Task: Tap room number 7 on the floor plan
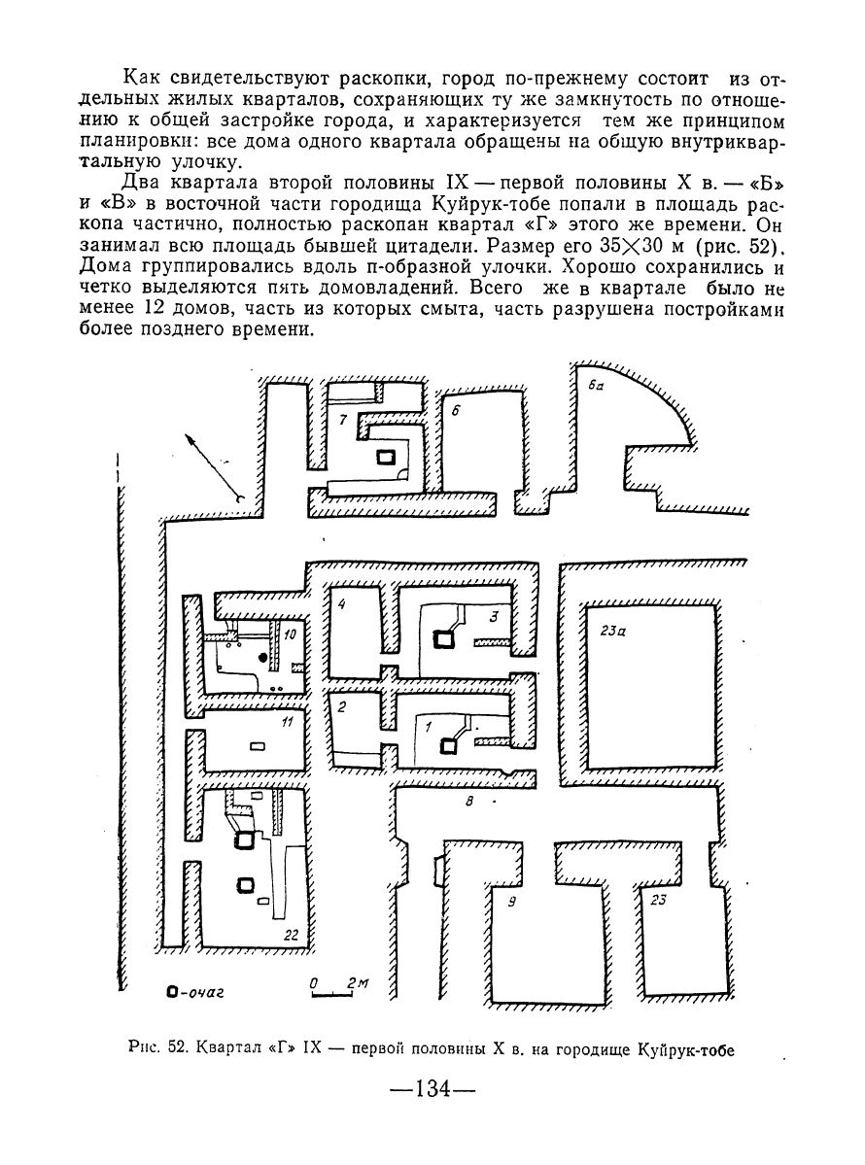pos(342,421)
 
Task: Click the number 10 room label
pos(290,634)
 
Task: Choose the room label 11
pos(289,721)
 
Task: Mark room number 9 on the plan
pos(511,903)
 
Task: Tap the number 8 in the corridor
pos(468,801)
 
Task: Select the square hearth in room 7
pos(385,458)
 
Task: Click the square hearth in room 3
pos(444,638)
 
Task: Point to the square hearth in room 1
pos(448,746)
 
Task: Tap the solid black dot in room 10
pos(261,658)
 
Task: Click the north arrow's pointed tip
pos(186,434)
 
